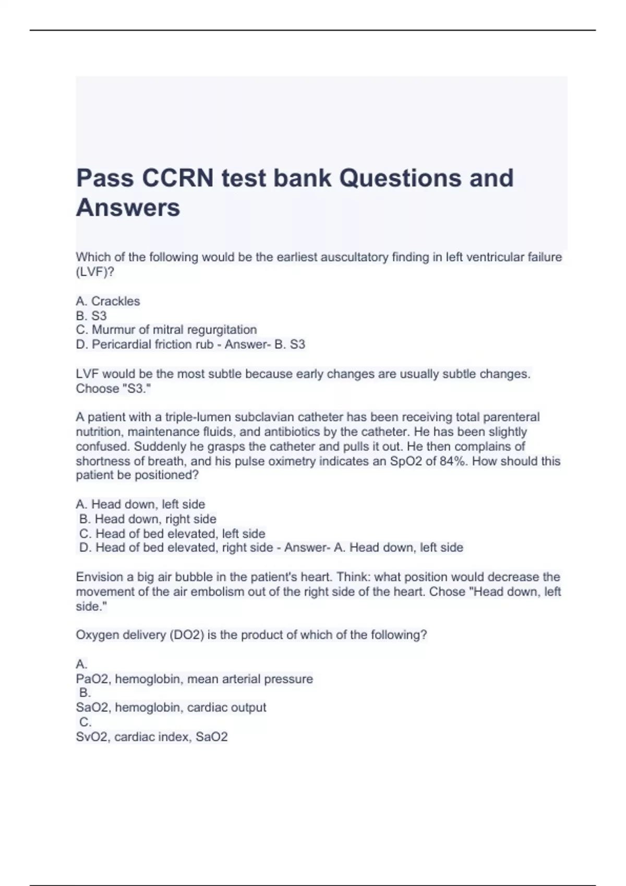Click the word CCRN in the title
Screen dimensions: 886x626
click(177, 178)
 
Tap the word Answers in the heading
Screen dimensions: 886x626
click(128, 207)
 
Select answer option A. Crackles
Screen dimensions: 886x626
click(108, 301)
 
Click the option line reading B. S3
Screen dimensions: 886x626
click(91, 316)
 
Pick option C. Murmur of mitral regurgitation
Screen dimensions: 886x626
click(166, 330)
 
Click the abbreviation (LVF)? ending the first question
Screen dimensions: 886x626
click(95, 272)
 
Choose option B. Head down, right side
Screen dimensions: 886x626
click(148, 519)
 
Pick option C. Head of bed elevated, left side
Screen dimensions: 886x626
click(172, 534)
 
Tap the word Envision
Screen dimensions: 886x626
click(100, 577)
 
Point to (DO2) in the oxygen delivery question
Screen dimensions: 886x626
click(187, 635)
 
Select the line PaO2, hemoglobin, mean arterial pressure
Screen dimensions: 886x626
click(195, 679)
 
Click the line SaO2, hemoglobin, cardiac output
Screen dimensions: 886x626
click(171, 708)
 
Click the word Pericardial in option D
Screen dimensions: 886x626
click(121, 344)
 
